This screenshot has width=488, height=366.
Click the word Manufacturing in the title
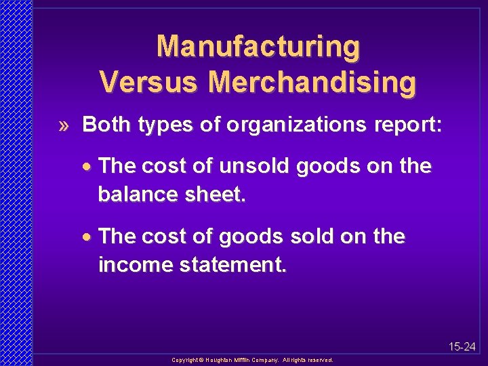pyautogui.click(x=258, y=47)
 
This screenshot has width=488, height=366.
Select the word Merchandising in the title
pyautogui.click(x=312, y=82)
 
